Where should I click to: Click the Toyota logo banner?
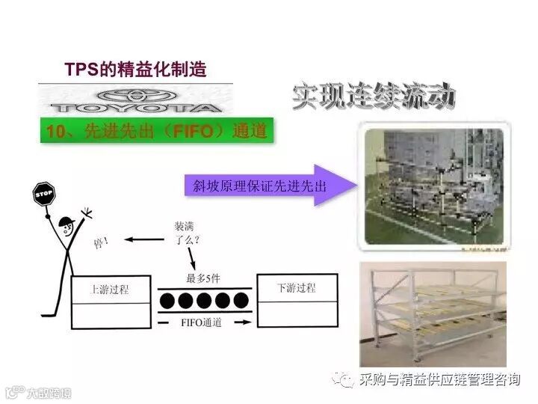[135, 98]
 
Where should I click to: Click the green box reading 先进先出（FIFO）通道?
[155, 131]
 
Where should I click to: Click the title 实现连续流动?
[373, 97]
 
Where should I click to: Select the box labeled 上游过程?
[109, 290]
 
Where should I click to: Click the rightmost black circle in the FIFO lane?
[241, 301]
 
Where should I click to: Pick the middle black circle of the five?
[204, 301]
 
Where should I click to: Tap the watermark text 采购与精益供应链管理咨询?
[439, 380]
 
